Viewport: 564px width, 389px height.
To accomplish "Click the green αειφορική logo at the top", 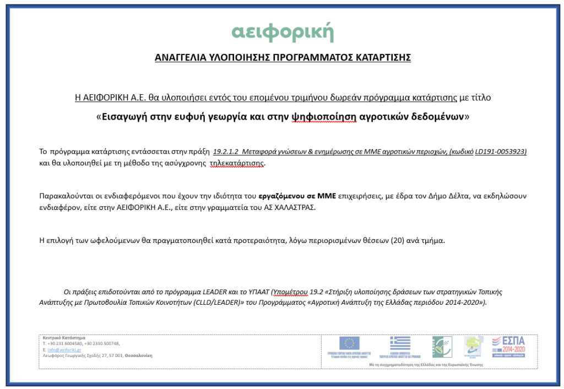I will click(x=283, y=32).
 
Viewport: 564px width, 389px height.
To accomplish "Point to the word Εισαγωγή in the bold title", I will click(x=126, y=117).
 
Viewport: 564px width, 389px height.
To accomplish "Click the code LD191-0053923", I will click(x=499, y=151).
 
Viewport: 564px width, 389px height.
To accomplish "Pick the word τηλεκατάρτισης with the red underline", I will click(x=237, y=163).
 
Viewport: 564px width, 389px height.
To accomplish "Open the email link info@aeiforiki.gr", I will click(x=64, y=350).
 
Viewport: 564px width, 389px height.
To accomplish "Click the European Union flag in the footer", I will click(x=349, y=343).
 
